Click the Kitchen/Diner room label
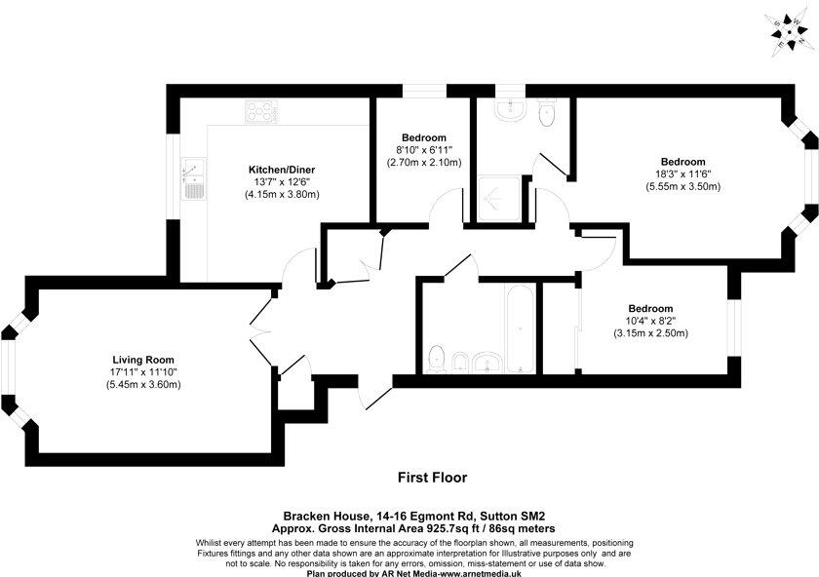click(x=282, y=170)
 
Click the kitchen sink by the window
click(x=192, y=176)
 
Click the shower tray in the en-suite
click(x=498, y=199)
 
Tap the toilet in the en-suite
click(x=546, y=114)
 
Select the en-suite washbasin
click(x=509, y=110)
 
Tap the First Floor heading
click(x=432, y=478)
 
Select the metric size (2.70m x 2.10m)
click(x=422, y=163)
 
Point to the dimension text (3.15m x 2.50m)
click(x=651, y=333)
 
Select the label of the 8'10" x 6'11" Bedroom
click(x=422, y=136)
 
